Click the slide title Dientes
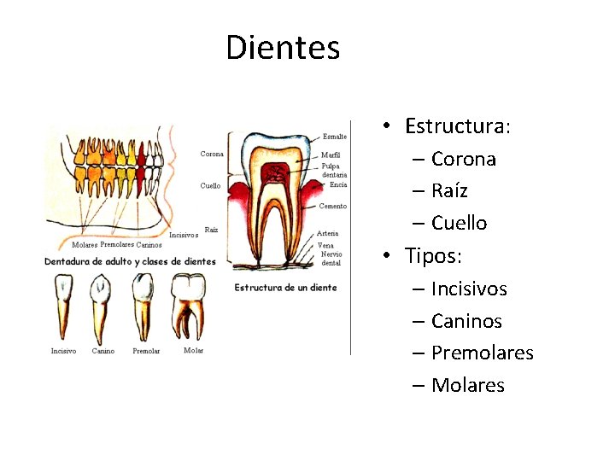point(283,48)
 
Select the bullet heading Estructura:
point(458,126)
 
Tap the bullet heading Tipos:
point(439,255)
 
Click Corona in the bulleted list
point(463,159)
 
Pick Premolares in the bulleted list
point(482,353)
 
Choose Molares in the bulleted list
point(467,385)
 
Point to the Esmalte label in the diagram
point(335,137)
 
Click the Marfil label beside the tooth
point(331,155)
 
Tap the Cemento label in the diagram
point(332,206)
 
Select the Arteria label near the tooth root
point(327,233)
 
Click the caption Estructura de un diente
point(285,288)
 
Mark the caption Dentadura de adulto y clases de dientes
point(130,261)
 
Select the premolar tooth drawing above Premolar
point(143,306)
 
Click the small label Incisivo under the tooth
point(63,351)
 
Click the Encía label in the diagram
point(338,184)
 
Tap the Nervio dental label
point(331,259)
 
